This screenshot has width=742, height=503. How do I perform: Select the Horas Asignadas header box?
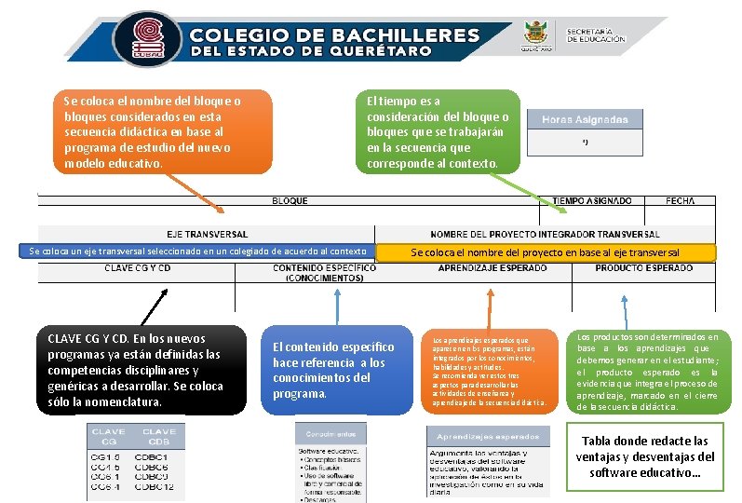point(585,120)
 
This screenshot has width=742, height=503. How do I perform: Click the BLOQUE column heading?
point(290,201)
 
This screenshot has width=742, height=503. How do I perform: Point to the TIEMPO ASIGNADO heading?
point(592,201)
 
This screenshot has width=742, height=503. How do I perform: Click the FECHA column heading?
point(681,201)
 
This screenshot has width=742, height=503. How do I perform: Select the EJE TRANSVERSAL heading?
point(207,234)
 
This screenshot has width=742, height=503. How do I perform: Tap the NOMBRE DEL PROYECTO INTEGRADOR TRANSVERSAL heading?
point(545,234)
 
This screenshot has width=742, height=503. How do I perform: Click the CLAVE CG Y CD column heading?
point(137,268)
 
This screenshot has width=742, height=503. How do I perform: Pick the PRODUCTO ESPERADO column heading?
point(644,268)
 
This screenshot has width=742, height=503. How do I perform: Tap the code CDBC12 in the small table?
point(154,486)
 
